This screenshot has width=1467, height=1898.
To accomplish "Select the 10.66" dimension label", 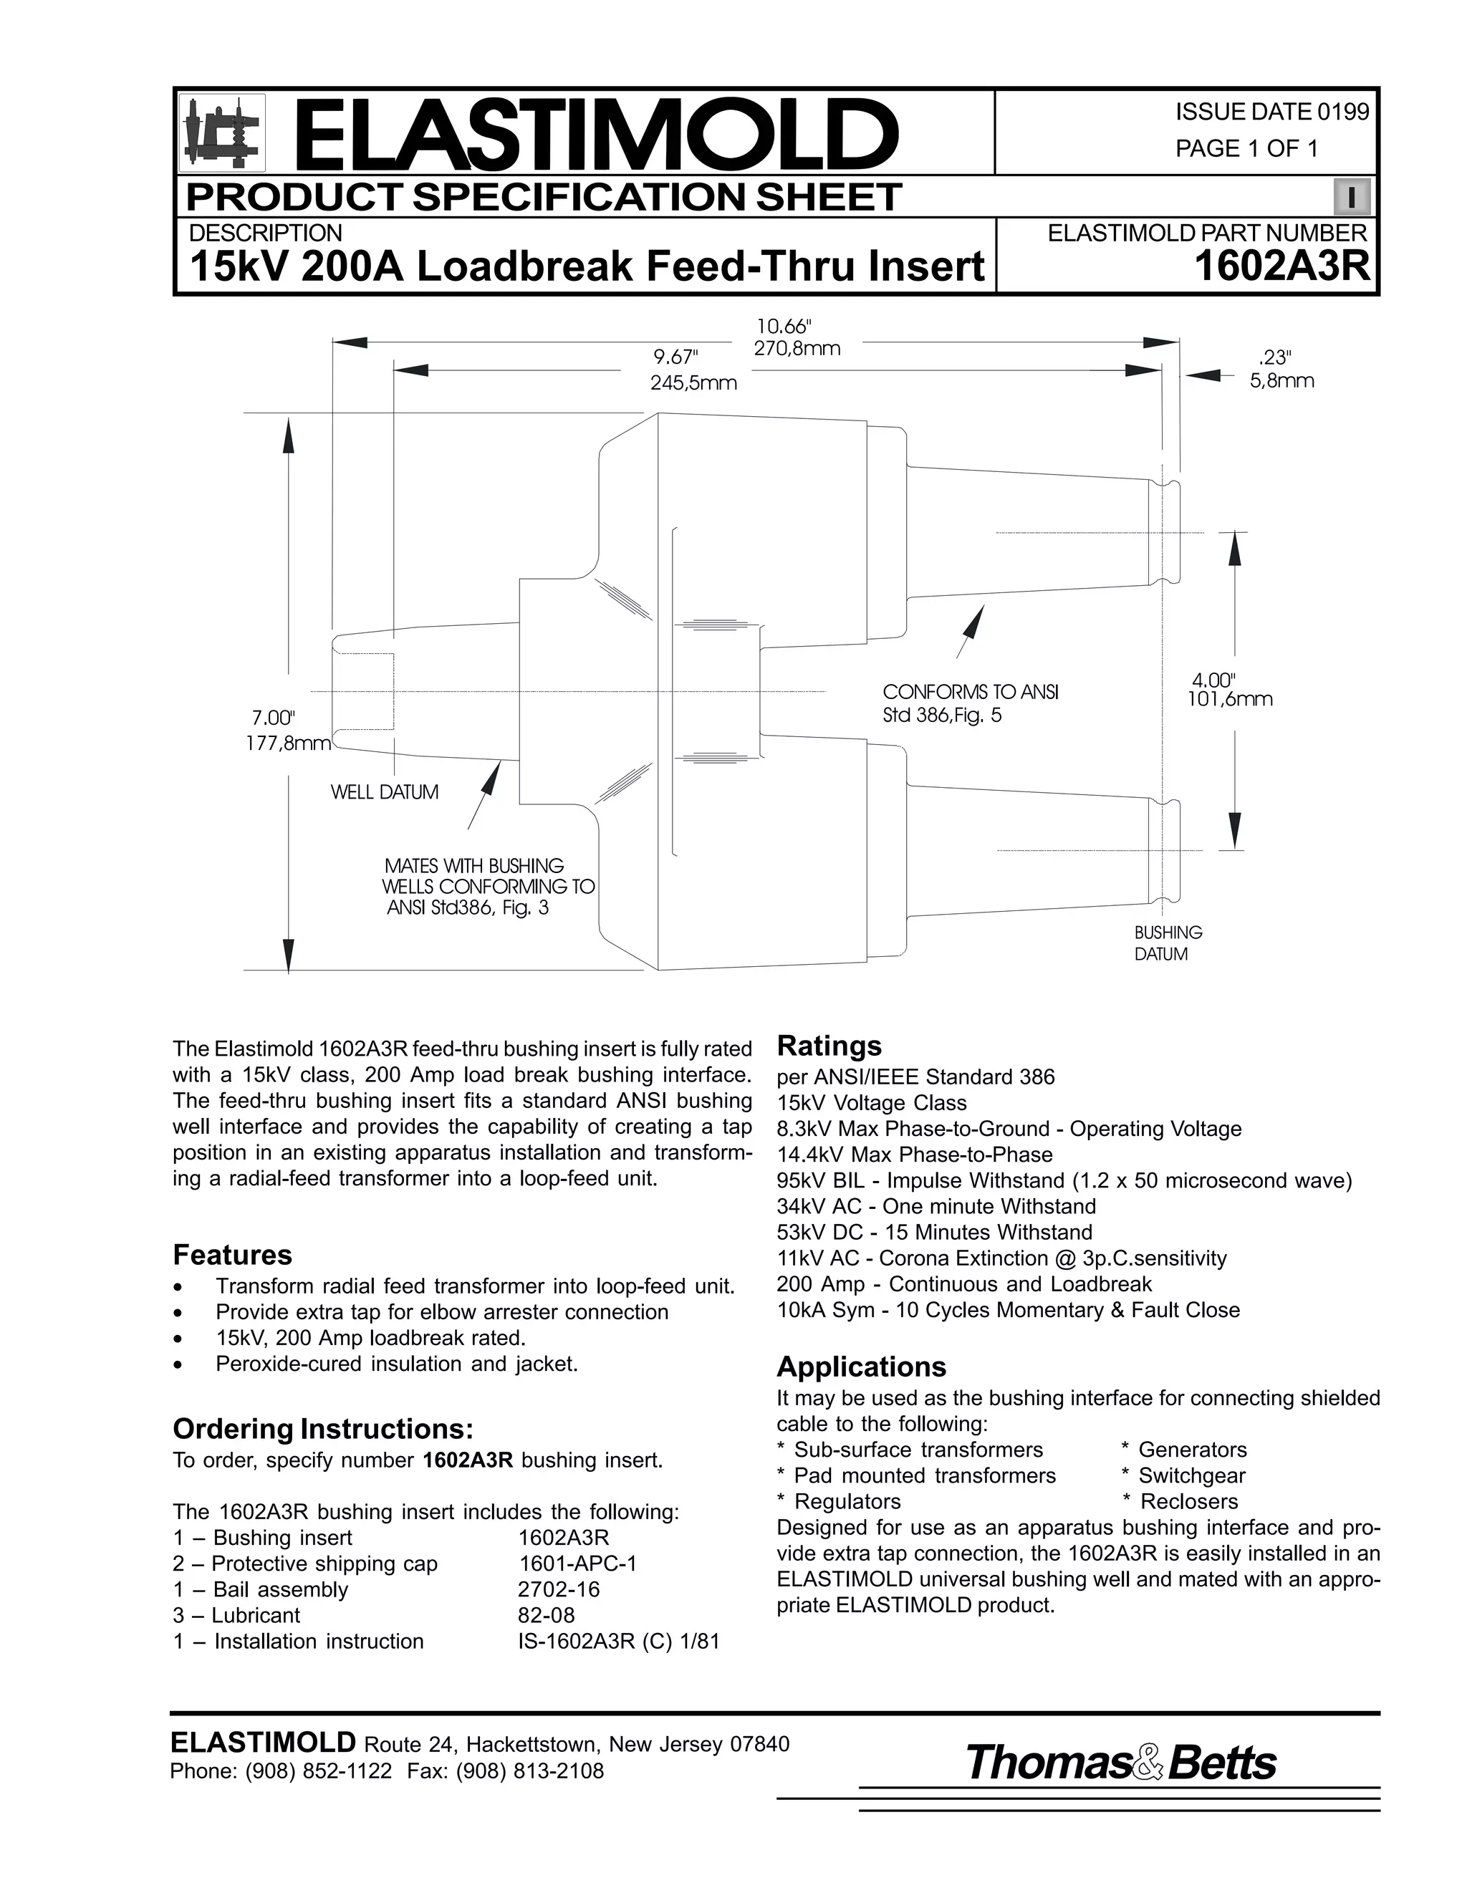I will click(x=784, y=327).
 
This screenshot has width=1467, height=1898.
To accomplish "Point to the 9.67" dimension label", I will click(x=676, y=357).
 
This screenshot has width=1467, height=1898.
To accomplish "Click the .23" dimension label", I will click(x=1274, y=357).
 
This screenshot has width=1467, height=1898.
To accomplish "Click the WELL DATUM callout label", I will click(x=384, y=793).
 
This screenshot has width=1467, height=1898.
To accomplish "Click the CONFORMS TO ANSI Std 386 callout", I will click(x=970, y=704).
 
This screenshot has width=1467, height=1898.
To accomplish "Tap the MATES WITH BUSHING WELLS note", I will click(x=489, y=887).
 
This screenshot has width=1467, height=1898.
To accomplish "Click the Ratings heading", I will click(x=828, y=1046).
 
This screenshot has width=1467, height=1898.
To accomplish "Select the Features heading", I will click(x=232, y=1255).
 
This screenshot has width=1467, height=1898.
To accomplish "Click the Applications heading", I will click(x=860, y=1367).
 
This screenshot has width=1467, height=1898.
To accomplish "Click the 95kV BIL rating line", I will click(x=1064, y=1181).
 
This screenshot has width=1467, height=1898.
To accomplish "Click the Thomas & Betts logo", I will click(x=1120, y=1763).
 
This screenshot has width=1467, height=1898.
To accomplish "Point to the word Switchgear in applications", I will click(x=1191, y=1475).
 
